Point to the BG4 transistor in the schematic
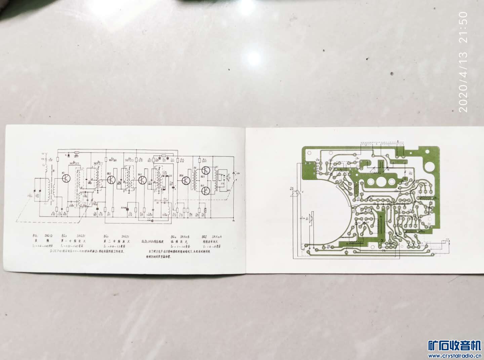186,180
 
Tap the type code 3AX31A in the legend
216,236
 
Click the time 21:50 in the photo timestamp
463,27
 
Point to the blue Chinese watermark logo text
455,346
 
